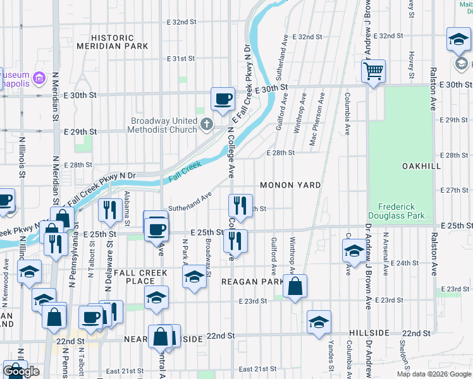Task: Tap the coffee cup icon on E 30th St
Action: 223,99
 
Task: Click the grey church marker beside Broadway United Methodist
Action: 207,123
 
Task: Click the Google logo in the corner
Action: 21,371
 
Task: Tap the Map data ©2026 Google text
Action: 433,374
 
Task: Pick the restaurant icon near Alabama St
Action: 111,210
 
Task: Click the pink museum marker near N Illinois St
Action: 39,78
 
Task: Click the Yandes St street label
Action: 331,356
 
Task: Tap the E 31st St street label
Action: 181,59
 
